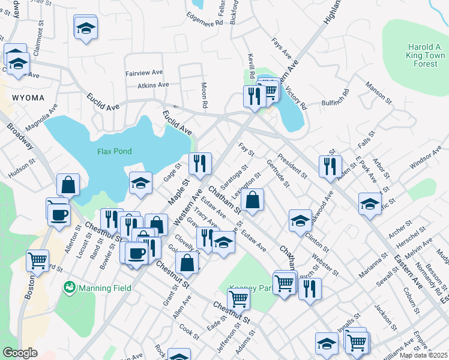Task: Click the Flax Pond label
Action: [114, 151]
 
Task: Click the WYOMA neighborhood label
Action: [27, 97]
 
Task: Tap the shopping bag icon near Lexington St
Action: [254, 200]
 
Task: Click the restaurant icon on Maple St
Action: [200, 163]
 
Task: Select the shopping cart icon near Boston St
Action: [37, 261]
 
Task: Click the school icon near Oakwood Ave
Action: [299, 220]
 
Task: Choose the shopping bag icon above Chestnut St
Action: [187, 262]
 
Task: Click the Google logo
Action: [20, 353]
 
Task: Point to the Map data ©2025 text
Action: [423, 355]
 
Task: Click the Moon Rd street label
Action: [204, 95]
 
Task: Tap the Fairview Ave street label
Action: [144, 73]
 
